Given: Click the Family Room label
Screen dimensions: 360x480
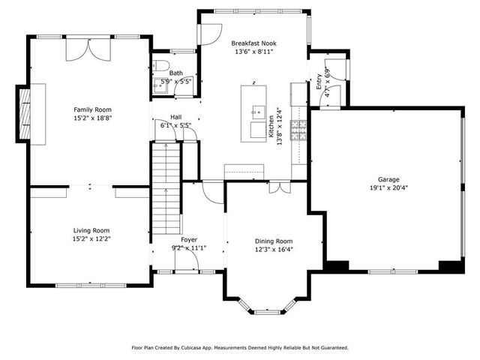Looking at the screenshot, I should pyautogui.click(x=91, y=109).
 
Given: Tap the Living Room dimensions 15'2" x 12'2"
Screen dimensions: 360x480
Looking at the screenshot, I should pyautogui.click(x=91, y=238).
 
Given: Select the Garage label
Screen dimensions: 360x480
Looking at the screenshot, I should pyautogui.click(x=388, y=180).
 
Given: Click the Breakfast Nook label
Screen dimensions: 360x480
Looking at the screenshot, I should pyautogui.click(x=253, y=43).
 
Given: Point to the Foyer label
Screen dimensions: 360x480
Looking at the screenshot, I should pyautogui.click(x=178, y=239).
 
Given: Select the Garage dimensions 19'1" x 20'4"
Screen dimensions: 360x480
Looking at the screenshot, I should pyautogui.click(x=388, y=189).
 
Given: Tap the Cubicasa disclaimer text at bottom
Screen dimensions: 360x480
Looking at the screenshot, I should pyautogui.click(x=240, y=347).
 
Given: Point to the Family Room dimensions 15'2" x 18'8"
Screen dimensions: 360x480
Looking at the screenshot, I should pyautogui.click(x=91, y=118).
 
